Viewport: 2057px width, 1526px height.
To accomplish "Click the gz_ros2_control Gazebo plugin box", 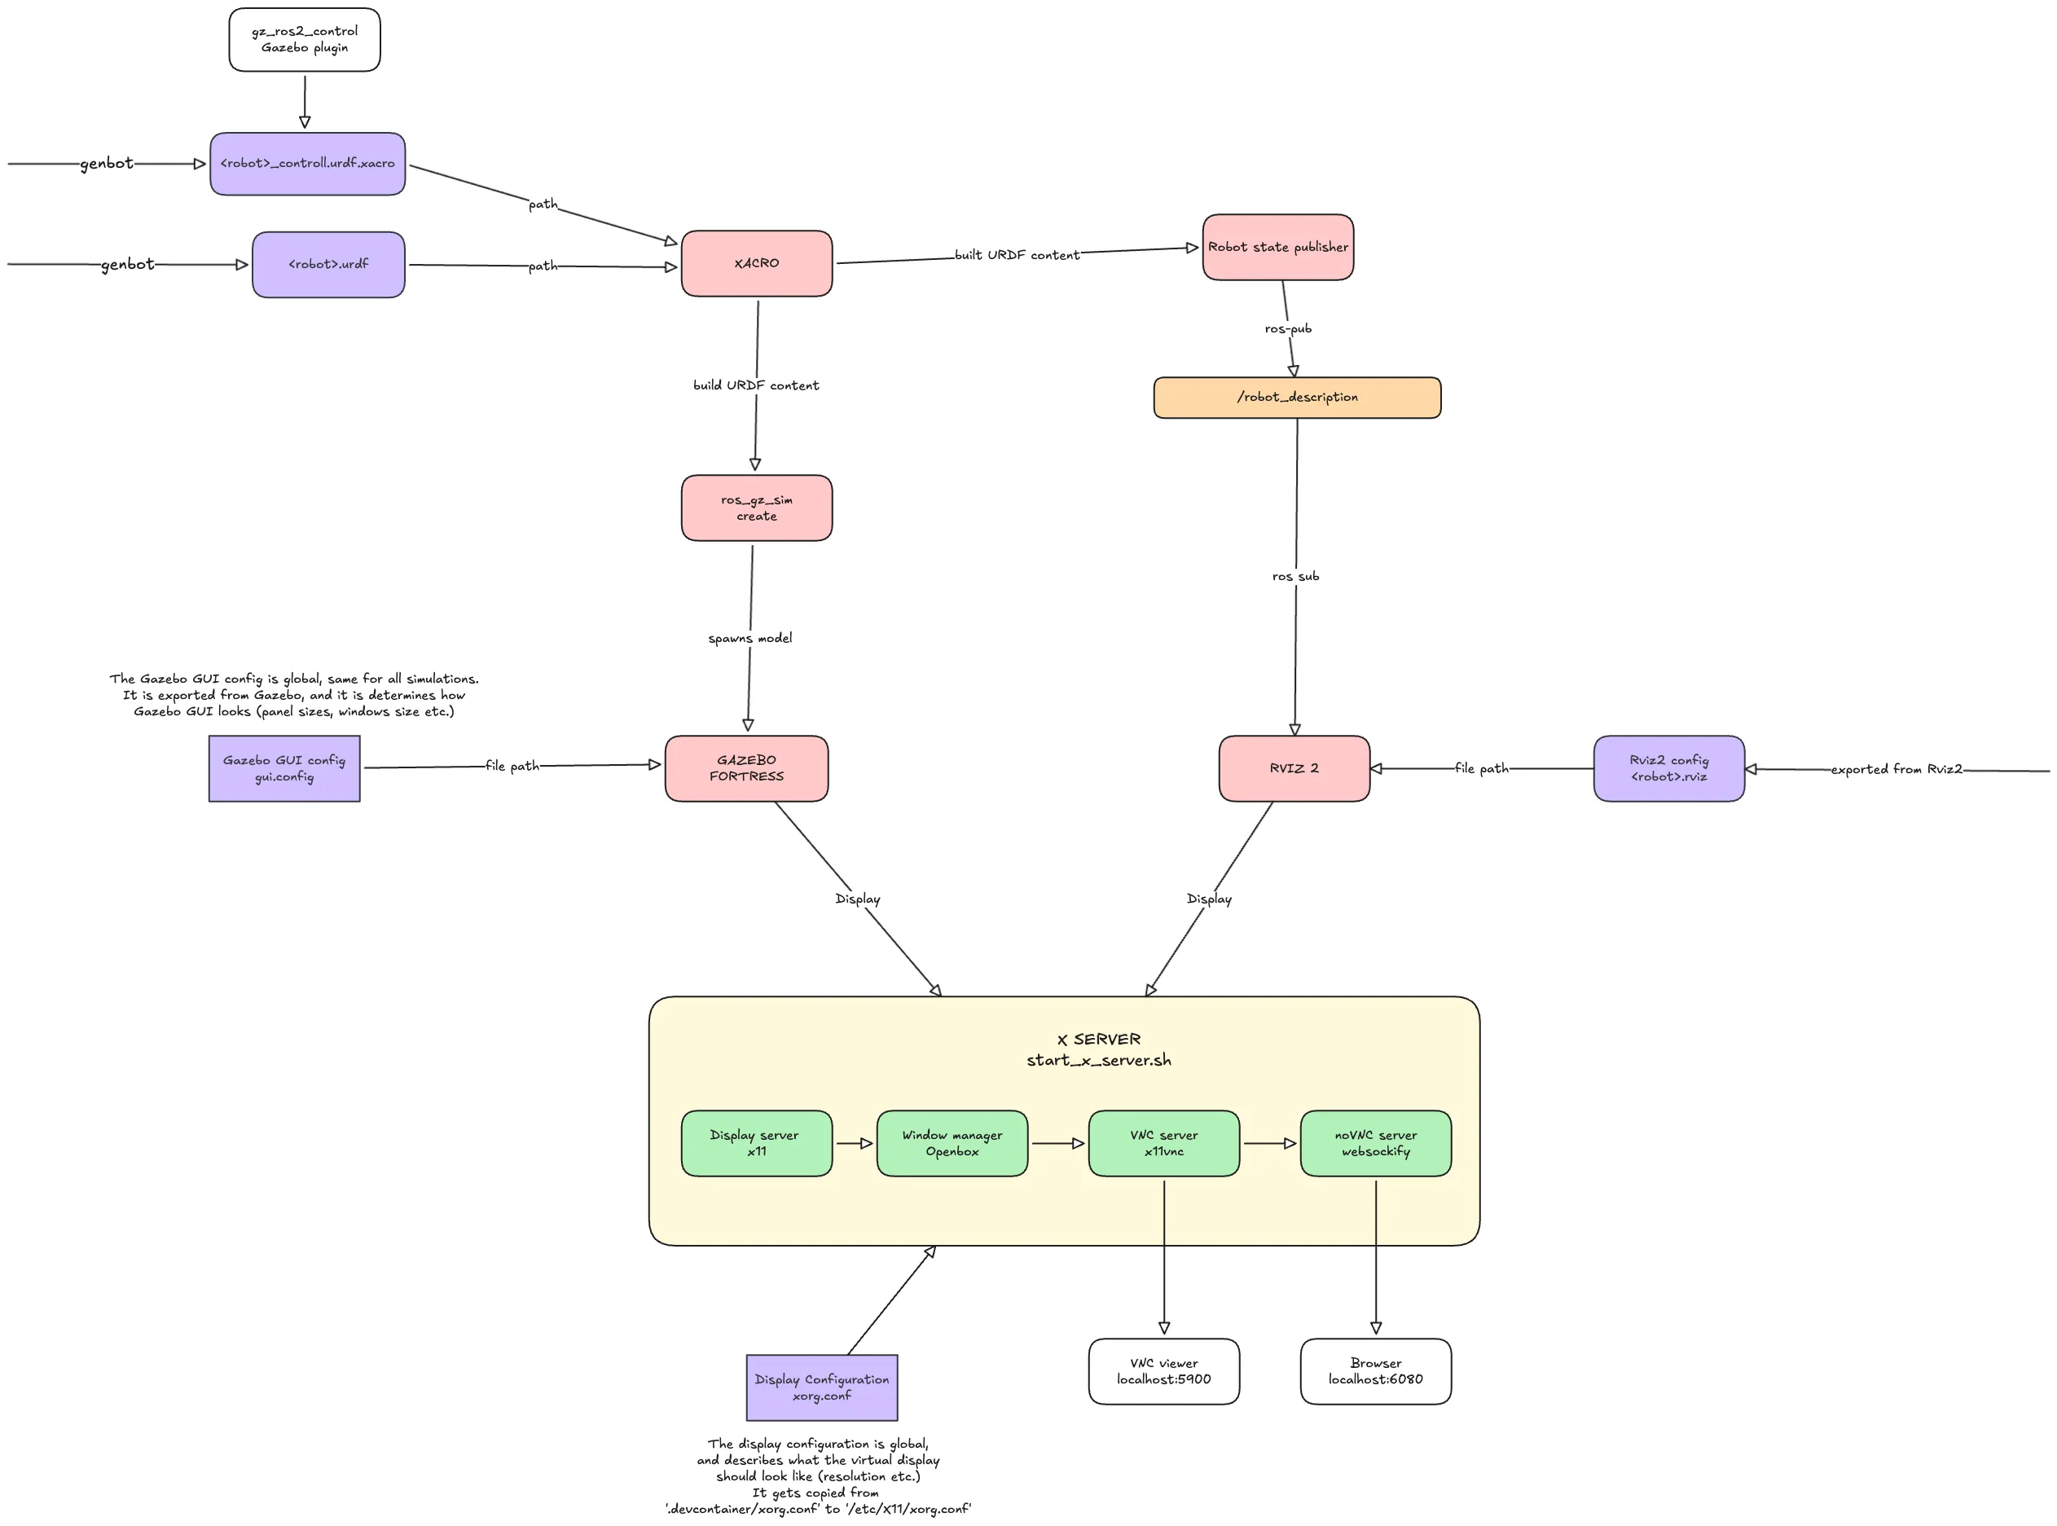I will (304, 40).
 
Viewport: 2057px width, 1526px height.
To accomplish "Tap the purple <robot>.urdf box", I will (328, 264).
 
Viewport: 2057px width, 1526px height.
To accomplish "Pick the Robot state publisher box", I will (1277, 247).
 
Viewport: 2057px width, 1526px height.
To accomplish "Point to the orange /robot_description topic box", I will (1296, 398).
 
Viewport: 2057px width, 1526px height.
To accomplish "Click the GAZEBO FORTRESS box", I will (745, 767).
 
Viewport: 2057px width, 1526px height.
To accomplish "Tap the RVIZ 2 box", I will (1293, 767).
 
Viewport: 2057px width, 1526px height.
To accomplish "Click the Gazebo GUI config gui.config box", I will (283, 767).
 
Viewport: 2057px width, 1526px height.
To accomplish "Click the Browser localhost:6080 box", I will (1374, 1371).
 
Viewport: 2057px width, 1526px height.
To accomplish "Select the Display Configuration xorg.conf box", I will (821, 1387).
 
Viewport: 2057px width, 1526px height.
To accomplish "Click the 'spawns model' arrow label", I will (749, 638).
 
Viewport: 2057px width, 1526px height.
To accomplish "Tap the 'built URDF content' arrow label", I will (1016, 255).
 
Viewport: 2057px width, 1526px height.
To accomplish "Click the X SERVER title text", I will (1097, 1039).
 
